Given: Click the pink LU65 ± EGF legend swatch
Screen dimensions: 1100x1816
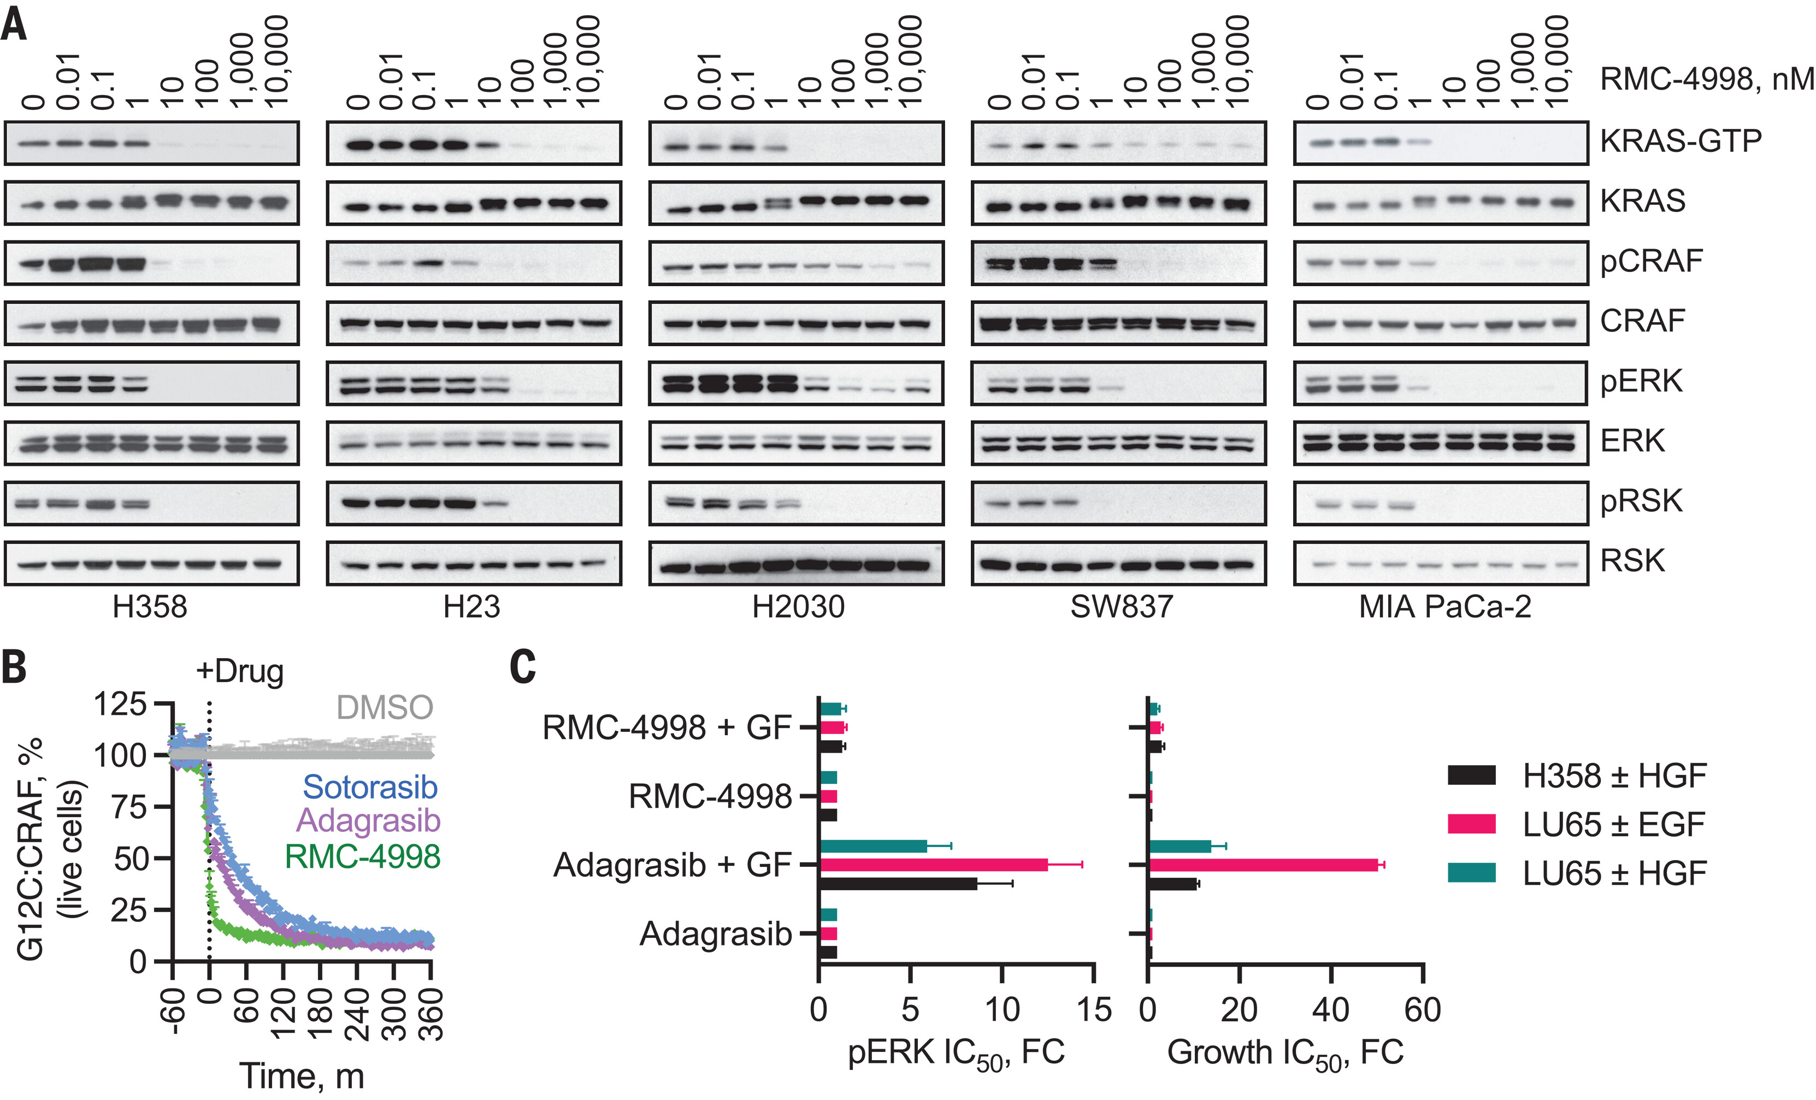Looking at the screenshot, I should [x=1471, y=824].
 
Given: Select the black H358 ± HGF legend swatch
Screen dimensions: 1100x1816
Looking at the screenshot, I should [x=1471, y=776].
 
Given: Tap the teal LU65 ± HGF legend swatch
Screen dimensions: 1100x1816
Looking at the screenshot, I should [x=1471, y=873].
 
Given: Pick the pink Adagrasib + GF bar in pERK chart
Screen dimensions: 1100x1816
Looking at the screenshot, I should [x=933, y=865].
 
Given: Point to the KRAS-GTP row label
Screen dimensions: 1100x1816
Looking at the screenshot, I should [x=1681, y=141].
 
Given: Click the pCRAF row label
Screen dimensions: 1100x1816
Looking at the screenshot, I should [x=1651, y=261].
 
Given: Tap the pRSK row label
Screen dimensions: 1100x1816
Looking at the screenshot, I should [x=1641, y=501].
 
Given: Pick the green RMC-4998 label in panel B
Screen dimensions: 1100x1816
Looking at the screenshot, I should [x=363, y=856].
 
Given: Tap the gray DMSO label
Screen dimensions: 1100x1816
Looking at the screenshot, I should [x=385, y=707].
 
